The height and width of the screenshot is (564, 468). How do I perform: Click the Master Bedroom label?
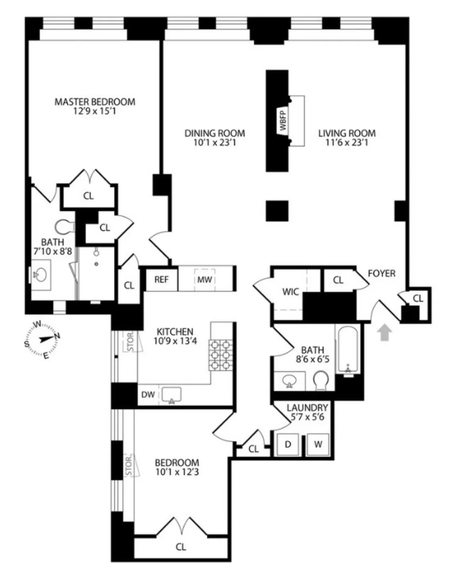94,102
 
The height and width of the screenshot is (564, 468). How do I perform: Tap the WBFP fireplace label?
283,121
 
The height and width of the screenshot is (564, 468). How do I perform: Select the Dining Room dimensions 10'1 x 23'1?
214,143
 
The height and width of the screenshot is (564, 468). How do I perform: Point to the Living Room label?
347,133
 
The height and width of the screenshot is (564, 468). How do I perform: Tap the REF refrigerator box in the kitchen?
161,279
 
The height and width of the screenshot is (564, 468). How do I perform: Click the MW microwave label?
204,279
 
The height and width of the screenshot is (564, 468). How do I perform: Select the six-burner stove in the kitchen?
221,355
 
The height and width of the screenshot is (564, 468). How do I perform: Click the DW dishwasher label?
148,395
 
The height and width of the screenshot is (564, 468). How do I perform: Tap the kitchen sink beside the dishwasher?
171,395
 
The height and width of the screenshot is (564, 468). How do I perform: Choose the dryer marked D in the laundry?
288,444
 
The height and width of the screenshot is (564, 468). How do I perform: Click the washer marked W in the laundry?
318,444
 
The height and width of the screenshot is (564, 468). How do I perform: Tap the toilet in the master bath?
64,227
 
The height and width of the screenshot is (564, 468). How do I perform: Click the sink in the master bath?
40,274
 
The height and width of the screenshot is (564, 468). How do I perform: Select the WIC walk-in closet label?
290,292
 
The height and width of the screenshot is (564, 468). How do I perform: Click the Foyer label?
381,273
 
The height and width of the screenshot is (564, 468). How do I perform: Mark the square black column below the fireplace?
277,211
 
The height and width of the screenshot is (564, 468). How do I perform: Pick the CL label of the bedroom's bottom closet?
181,547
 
